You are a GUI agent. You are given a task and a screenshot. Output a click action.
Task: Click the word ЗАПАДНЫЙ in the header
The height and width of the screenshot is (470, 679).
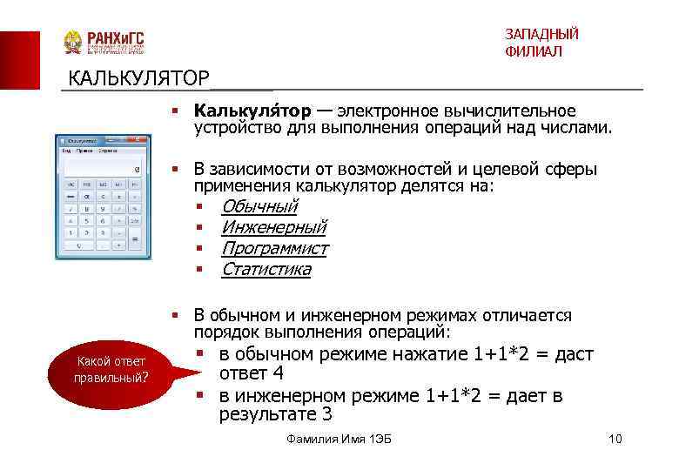click(x=541, y=34)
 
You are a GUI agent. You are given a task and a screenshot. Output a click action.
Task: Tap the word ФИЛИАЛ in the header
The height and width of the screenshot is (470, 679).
click(x=533, y=52)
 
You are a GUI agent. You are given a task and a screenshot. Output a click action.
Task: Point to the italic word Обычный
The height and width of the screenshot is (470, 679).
click(x=259, y=206)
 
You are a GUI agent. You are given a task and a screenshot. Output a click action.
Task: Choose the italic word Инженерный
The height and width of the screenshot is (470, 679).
click(x=273, y=227)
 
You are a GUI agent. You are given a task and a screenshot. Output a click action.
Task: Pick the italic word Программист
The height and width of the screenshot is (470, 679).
click(x=274, y=248)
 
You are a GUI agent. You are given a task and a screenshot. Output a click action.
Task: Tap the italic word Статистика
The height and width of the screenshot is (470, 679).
click(x=266, y=269)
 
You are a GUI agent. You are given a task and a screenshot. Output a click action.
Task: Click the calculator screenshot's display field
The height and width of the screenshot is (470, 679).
click(x=98, y=169)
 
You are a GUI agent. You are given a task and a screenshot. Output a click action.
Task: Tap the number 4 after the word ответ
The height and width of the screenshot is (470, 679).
click(x=278, y=374)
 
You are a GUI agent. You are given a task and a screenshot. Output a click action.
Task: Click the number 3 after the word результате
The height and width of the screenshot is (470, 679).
click(x=327, y=414)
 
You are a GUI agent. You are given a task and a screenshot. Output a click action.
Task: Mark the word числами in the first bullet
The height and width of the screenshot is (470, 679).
click(x=582, y=129)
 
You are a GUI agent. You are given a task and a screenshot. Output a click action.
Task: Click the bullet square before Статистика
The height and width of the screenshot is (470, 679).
click(x=199, y=269)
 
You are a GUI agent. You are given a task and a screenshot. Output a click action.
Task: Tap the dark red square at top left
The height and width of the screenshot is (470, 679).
click(x=19, y=61)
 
